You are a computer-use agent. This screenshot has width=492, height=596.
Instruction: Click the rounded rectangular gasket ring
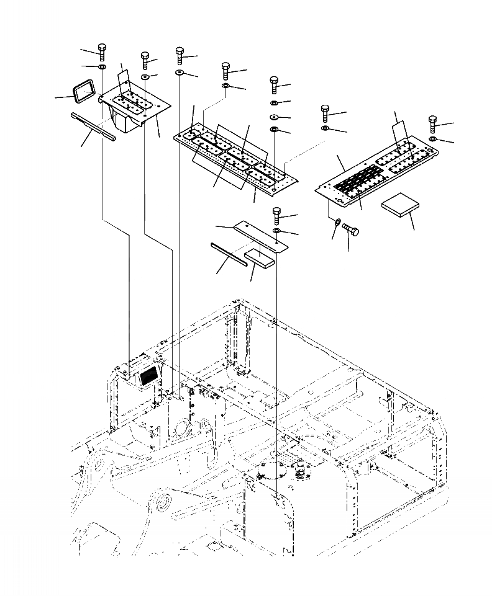click(84, 91)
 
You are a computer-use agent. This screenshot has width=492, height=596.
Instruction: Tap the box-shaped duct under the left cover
click(123, 119)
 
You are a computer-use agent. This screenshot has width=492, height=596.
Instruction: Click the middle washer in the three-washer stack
click(274, 116)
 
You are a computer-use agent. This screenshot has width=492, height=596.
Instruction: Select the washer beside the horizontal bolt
click(336, 221)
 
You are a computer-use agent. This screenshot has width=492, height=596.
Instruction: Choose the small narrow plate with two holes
click(261, 238)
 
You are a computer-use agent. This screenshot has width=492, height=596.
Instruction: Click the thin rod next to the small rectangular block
click(229, 254)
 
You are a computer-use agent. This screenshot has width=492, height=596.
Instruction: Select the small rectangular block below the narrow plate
click(260, 257)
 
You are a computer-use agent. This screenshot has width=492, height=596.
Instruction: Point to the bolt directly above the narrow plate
click(276, 216)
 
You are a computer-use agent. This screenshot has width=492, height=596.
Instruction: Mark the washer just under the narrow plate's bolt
click(277, 231)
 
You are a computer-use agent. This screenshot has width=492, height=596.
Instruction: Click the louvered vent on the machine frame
click(148, 375)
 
